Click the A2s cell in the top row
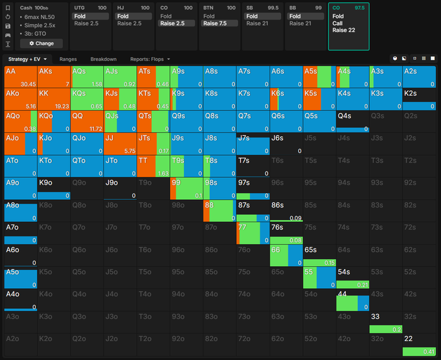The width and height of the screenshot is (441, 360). pos(419,77)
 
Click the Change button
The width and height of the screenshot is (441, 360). pos(42,44)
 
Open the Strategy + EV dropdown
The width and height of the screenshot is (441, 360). pos(28,59)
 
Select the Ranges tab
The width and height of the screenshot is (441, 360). pos(68,59)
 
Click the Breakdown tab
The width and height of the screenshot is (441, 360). pos(103,59)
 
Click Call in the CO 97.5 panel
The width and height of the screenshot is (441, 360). pos(338,23)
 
